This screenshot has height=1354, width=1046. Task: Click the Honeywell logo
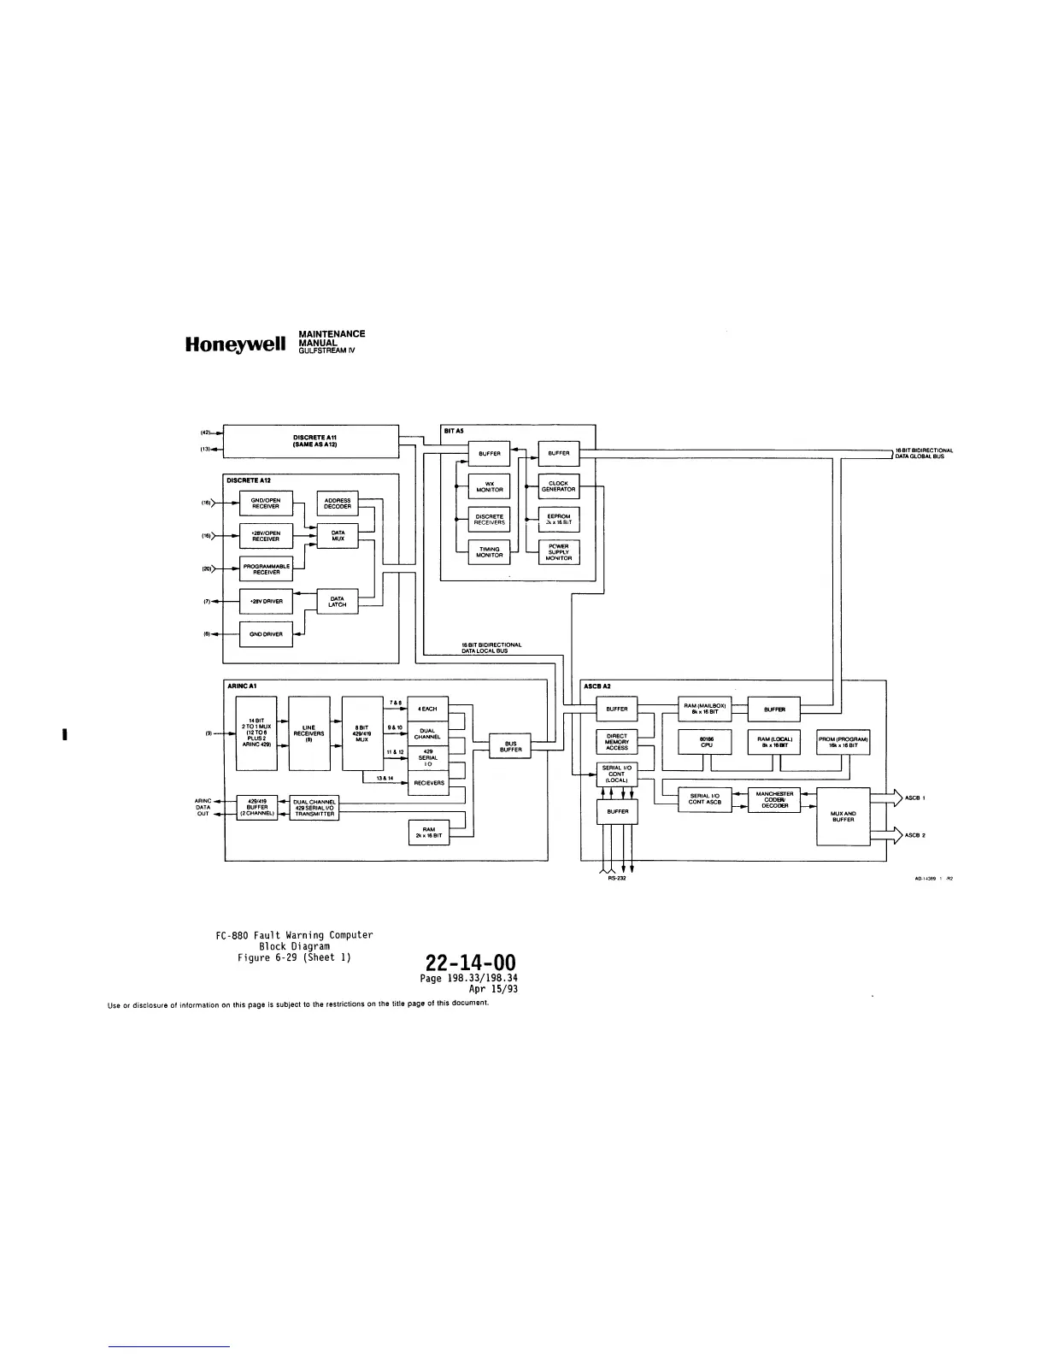pyautogui.click(x=232, y=345)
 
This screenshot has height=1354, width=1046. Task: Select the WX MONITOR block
pyautogui.click(x=490, y=486)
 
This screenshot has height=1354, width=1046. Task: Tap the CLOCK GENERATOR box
pyautogui.click(x=559, y=486)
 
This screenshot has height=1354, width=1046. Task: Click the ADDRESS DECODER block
pyautogui.click(x=338, y=503)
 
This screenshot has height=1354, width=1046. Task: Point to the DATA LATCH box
pyautogui.click(x=338, y=601)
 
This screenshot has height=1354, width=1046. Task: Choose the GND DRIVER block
pyautogui.click(x=266, y=634)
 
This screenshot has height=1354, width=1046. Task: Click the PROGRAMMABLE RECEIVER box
pyautogui.click(x=266, y=568)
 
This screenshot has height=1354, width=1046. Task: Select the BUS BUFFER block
pyautogui.click(x=510, y=746)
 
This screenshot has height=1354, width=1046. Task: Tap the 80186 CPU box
pyautogui.click(x=706, y=743)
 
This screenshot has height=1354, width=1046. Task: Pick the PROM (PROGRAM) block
pyautogui.click(x=843, y=743)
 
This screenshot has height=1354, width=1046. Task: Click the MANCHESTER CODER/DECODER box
pyautogui.click(x=774, y=799)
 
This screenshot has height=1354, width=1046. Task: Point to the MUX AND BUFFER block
pyautogui.click(x=843, y=816)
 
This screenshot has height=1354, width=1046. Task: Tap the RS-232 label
pyautogui.click(x=617, y=880)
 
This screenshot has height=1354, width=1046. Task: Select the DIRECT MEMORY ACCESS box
pyautogui.click(x=617, y=742)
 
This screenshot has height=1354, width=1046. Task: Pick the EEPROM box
pyautogui.click(x=559, y=519)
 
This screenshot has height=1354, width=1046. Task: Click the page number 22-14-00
pyautogui.click(x=469, y=964)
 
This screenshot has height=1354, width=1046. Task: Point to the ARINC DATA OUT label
pyautogui.click(x=203, y=807)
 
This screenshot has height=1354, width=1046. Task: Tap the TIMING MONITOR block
pyautogui.click(x=490, y=552)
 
